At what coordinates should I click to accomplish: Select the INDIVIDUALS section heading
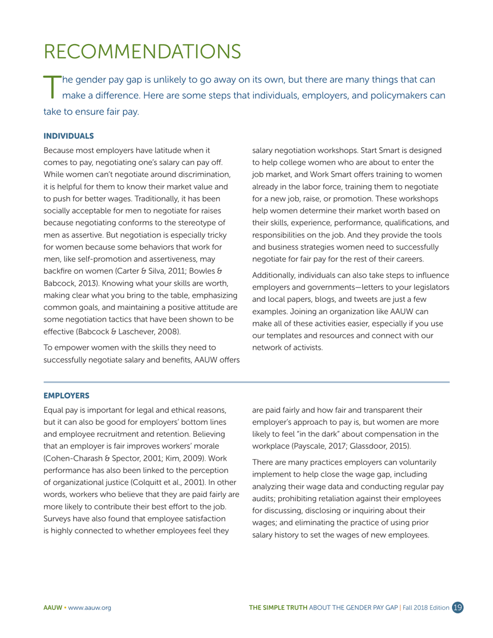(x=68, y=136)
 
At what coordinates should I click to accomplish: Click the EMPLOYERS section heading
(x=66, y=396)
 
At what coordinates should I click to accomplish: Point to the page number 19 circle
(x=458, y=607)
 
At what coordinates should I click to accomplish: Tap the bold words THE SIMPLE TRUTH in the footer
(x=278, y=608)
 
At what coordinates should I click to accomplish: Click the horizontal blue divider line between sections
(x=246, y=382)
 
